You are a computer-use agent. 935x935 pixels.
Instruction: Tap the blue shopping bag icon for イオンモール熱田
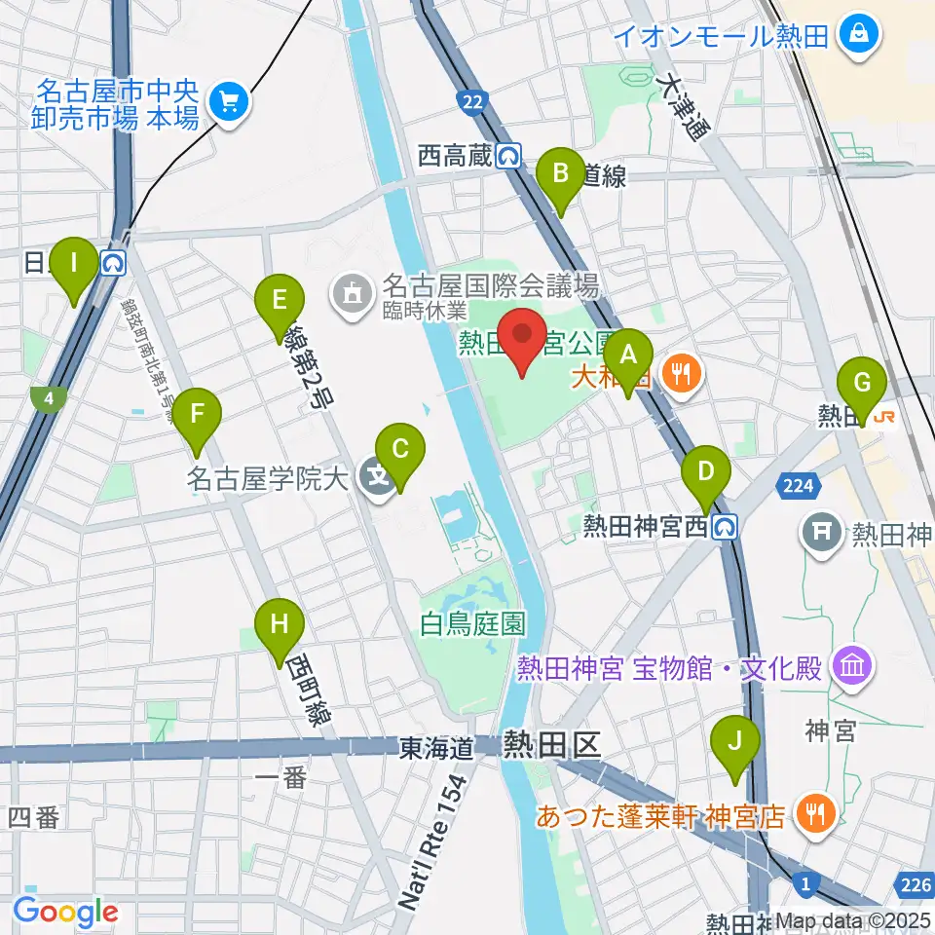(862, 36)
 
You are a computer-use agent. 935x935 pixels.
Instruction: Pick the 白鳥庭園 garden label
(473, 623)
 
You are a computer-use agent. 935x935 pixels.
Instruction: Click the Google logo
(65, 912)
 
